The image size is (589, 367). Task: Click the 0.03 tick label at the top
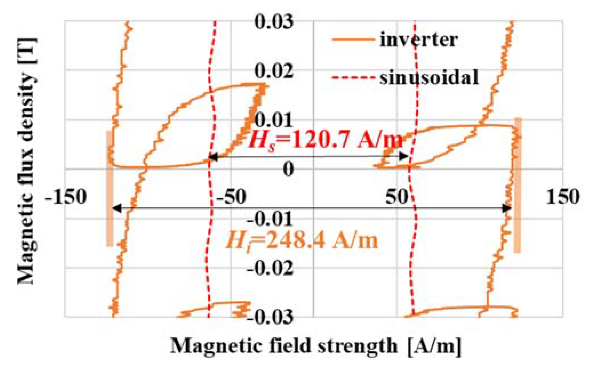[274, 22]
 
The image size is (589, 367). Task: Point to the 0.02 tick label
[274, 71]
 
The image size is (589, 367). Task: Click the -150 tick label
[66, 197]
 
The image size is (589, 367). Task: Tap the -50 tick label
[231, 197]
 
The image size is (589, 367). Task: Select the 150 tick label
[563, 197]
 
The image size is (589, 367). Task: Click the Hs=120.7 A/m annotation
[326, 140]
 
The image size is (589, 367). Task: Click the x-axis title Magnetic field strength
[316, 346]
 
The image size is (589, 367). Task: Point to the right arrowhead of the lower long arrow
[507, 208]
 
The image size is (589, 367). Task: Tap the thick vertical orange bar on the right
[518, 186]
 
